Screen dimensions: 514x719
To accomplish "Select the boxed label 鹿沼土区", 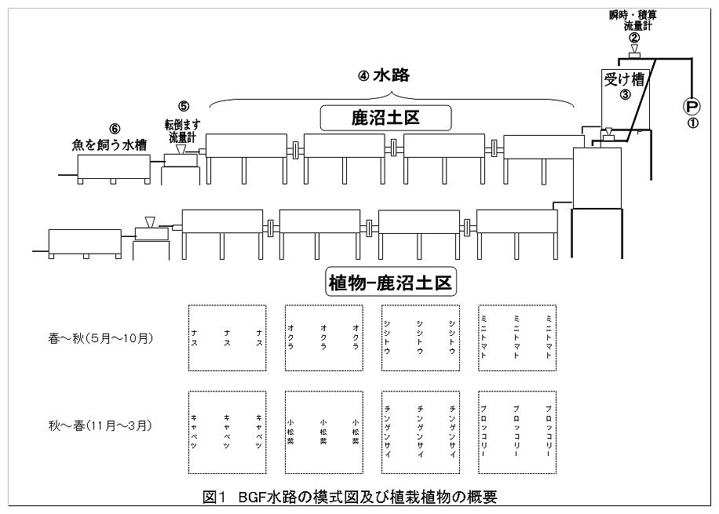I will pos(385,118).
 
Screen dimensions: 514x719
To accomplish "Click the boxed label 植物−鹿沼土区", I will pos(391,283).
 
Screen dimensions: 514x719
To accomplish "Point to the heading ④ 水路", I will pos(385,76).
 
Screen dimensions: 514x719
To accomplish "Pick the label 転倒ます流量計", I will pos(183,129).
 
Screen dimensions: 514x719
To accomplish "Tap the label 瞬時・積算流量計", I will pos(633,20).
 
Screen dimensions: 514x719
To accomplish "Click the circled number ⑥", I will pos(115,128).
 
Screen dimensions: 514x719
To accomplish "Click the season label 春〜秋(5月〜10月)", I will pos(100,339).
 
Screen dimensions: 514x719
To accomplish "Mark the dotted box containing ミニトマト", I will pos(516,338).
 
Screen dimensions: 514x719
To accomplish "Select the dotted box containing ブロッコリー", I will pos(516,432).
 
